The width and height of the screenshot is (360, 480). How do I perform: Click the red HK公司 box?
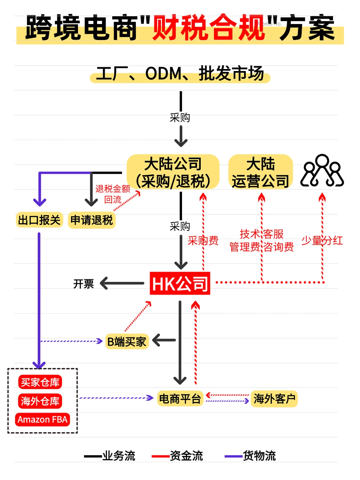coord(180,284)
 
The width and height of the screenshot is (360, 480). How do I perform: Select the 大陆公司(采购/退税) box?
coord(173,172)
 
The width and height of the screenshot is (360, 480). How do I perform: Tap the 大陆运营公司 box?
coord(261,172)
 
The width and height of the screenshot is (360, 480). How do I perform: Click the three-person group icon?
coord(322,171)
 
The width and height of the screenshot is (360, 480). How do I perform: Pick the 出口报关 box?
coord(39,220)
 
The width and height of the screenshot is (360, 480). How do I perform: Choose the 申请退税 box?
coord(92,220)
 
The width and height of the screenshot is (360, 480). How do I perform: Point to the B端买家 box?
coord(127,341)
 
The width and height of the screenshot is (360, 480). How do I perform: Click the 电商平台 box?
coord(180,399)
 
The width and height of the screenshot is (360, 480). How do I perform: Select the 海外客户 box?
coord(274,399)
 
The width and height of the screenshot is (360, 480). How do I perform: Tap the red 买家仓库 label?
coord(40,382)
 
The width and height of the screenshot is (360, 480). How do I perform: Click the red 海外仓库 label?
coord(40,401)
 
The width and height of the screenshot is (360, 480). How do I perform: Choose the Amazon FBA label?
coord(42,420)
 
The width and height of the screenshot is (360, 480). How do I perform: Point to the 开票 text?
coord(84,284)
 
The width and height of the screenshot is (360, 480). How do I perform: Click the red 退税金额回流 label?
coord(113,194)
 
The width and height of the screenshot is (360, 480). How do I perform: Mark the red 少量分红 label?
coord(322,240)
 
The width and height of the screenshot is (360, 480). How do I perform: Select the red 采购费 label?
coord(203,240)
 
